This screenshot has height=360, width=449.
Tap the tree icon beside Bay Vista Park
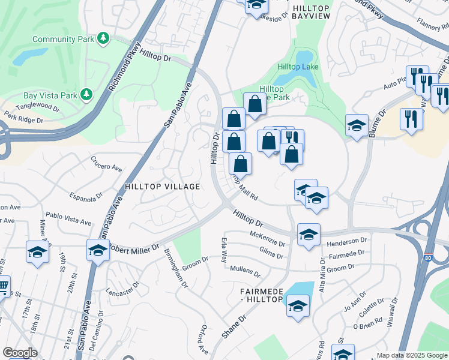[x=86, y=95]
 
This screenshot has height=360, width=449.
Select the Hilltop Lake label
[x=298, y=67]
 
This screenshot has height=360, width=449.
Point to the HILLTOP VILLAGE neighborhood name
[x=162, y=187]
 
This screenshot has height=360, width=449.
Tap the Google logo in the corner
[x=20, y=353]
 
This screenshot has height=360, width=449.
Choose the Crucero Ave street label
[x=106, y=163]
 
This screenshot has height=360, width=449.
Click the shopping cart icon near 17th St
[x=3, y=286]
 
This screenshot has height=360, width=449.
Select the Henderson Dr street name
[x=346, y=242]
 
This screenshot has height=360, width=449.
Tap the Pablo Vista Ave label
[x=68, y=218]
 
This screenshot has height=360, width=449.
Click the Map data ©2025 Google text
[x=412, y=355]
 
